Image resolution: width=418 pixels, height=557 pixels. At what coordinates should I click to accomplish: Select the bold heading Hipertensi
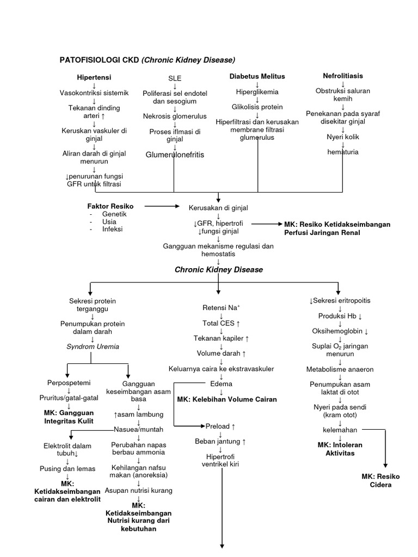tap(94, 78)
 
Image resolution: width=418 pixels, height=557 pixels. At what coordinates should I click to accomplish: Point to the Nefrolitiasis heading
tap(343, 76)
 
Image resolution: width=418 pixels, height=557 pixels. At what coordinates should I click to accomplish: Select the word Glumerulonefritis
tap(175, 155)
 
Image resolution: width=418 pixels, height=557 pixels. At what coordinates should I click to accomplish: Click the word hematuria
tap(343, 152)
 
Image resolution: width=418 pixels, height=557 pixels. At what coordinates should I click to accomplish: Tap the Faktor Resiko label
tap(110, 206)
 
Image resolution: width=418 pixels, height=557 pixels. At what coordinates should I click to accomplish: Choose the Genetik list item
tap(114, 214)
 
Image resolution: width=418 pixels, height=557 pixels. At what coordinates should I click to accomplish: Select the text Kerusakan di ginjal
tap(218, 208)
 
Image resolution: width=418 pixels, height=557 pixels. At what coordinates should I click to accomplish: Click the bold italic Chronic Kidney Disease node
tap(218, 270)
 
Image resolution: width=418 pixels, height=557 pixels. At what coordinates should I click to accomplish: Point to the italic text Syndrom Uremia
tap(93, 346)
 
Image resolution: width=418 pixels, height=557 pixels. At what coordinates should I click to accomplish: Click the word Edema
tap(221, 384)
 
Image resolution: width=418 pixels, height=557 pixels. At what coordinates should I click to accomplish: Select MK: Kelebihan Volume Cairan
tap(227, 399)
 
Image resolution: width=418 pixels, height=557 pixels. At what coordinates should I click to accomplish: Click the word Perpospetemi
tap(69, 383)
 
